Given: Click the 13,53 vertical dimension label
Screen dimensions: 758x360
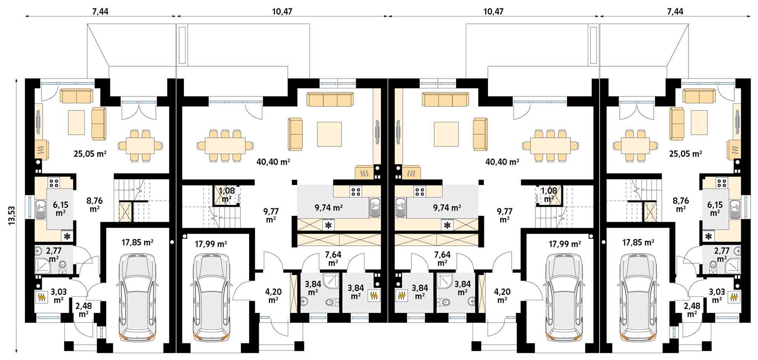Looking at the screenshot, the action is (x=11, y=216).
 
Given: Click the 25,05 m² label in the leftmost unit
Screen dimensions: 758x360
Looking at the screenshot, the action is (x=90, y=154).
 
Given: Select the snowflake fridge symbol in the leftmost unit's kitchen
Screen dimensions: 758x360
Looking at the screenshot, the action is (x=68, y=236).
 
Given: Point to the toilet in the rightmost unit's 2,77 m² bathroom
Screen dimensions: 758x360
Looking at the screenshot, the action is (x=713, y=267).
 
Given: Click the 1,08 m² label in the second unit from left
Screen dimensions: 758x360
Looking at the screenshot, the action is (x=227, y=195).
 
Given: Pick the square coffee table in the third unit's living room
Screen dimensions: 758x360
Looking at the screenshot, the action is (x=446, y=134).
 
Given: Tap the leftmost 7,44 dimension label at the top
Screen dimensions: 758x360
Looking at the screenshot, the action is (x=100, y=11).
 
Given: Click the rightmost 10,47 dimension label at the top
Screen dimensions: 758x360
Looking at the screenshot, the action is (x=493, y=11).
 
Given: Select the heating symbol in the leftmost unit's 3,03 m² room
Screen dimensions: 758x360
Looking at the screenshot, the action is (x=41, y=296).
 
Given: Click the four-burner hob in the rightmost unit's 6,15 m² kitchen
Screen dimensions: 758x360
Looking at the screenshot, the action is (x=722, y=183).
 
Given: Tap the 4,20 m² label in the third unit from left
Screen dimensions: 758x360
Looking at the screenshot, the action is (x=502, y=296).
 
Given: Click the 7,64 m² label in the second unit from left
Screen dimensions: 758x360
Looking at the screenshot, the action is (x=333, y=259).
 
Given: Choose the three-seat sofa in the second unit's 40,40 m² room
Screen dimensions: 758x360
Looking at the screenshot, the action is (x=330, y=99).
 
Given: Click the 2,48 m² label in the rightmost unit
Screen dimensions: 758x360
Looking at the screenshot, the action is (x=692, y=310).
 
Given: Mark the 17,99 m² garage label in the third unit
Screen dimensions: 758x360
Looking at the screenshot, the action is (x=565, y=244).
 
